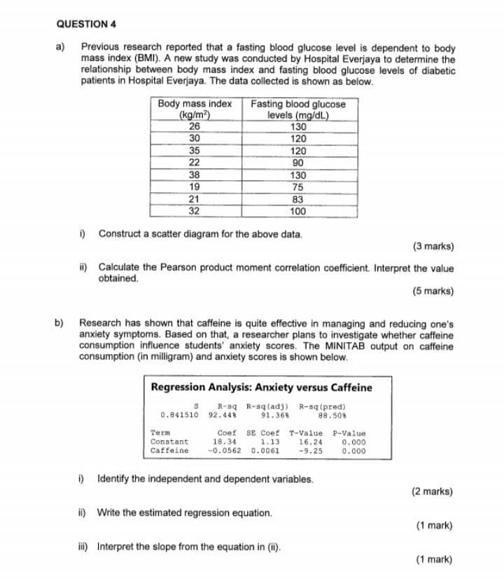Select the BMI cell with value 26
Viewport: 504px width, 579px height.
(195, 127)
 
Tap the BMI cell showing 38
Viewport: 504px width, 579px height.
(195, 175)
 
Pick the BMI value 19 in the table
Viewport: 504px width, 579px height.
(195, 187)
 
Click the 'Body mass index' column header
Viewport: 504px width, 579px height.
(195, 104)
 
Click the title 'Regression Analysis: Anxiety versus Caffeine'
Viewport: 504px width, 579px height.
(262, 388)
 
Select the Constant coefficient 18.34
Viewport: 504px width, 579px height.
(224, 442)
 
